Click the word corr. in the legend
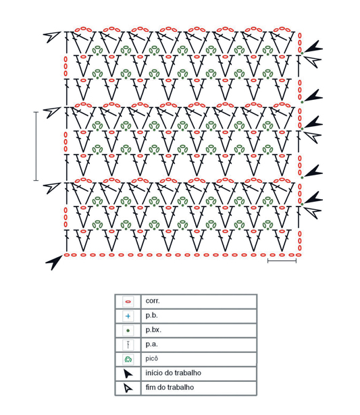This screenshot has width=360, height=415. (x=153, y=301)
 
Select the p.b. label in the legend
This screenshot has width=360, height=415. (x=151, y=316)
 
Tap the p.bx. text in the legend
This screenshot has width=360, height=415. (x=153, y=330)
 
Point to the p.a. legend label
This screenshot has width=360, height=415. (x=151, y=344)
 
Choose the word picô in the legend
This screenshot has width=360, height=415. (x=152, y=358)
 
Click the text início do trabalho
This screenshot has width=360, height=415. (x=173, y=373)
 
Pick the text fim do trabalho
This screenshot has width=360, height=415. (x=170, y=387)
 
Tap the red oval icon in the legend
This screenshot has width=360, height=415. (x=128, y=302)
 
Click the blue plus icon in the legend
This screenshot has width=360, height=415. (x=128, y=316)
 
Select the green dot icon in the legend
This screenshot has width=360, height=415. (x=128, y=331)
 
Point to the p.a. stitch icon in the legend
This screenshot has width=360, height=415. (x=128, y=345)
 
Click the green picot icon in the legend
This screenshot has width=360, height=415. (x=128, y=359)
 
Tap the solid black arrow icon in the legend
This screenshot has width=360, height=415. (x=128, y=374)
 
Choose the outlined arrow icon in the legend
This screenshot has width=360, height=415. (x=128, y=388)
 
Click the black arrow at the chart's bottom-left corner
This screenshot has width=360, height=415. (x=55, y=262)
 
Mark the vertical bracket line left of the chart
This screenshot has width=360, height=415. (x=36, y=146)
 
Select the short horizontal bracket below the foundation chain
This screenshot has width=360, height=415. (x=282, y=261)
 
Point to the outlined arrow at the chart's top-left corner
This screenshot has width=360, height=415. (x=52, y=36)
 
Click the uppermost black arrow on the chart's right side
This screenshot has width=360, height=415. (x=313, y=47)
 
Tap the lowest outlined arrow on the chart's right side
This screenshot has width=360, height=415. (x=313, y=212)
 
